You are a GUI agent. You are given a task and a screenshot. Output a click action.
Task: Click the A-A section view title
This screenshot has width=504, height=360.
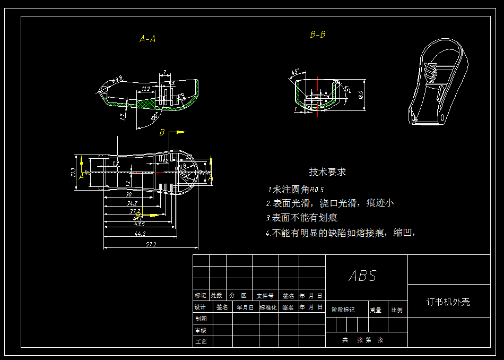(x=147, y=39)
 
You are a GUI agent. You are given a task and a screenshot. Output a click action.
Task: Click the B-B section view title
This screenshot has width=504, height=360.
(x=318, y=35)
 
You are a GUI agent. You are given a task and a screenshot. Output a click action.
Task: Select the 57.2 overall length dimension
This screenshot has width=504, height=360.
(x=151, y=244)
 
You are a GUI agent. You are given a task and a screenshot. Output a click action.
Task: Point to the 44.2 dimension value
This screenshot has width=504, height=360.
(x=140, y=233)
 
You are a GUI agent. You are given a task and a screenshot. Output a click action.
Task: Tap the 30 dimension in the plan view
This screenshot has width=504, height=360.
(x=129, y=195)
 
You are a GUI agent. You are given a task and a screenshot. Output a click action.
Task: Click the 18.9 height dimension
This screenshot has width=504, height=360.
(x=361, y=96)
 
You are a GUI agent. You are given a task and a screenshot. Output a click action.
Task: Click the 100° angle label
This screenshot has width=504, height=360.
(x=154, y=116)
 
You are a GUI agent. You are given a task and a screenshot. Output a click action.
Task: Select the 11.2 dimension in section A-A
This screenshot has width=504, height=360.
(x=146, y=88)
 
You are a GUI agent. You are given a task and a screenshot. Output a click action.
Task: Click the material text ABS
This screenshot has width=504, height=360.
(x=363, y=276)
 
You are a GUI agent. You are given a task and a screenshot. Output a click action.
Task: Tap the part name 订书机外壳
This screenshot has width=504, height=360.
(x=448, y=302)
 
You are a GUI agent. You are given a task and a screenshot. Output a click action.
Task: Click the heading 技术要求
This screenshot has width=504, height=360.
(x=328, y=172)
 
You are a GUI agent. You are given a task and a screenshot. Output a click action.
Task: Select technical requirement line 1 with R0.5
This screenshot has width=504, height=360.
(x=296, y=190)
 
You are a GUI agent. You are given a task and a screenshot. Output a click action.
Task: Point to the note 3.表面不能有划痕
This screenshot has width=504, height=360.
(x=301, y=218)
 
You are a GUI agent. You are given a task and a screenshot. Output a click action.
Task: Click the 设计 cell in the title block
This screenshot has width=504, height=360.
(x=201, y=307)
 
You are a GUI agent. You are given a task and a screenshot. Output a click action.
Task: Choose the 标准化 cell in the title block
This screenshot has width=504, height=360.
(x=268, y=307)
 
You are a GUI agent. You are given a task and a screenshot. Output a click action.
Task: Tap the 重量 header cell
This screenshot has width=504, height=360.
(x=376, y=310)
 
